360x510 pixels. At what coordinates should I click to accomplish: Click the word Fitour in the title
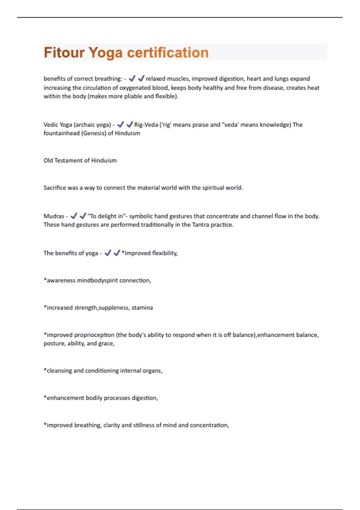[64, 52]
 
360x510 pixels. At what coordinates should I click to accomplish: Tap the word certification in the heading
[168, 52]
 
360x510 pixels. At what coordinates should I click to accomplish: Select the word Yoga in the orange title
[106, 53]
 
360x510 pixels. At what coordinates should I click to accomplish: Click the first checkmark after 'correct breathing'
[132, 79]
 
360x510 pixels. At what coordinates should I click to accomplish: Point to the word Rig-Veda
[146, 124]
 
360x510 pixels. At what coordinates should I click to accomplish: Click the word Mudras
[54, 216]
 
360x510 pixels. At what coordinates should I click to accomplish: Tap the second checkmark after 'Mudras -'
[83, 216]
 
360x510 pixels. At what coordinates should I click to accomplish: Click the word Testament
[68, 160]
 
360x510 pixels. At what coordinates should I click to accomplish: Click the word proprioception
[94, 335]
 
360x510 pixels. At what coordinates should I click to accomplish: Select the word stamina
[142, 308]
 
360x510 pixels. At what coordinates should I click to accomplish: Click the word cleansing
[59, 371]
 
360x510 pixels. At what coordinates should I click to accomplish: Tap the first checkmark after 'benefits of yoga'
[108, 253]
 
